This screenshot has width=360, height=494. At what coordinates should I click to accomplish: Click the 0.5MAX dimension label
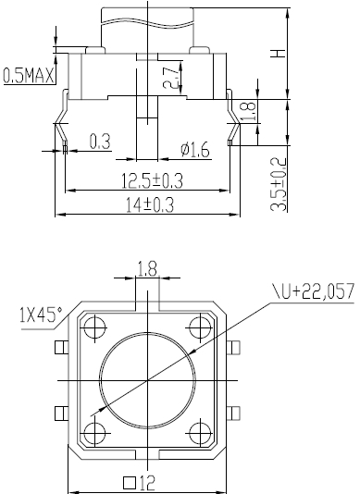tap(29, 76)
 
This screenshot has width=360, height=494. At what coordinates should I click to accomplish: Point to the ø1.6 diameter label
tap(195, 150)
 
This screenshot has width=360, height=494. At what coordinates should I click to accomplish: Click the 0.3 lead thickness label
tap(100, 142)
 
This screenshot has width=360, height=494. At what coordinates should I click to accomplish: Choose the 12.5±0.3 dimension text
tap(153, 180)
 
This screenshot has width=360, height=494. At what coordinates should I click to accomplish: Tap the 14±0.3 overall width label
tap(150, 204)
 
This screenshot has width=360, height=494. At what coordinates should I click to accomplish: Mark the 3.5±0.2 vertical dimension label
tap(279, 184)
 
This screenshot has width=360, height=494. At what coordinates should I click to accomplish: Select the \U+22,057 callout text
tap(314, 290)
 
